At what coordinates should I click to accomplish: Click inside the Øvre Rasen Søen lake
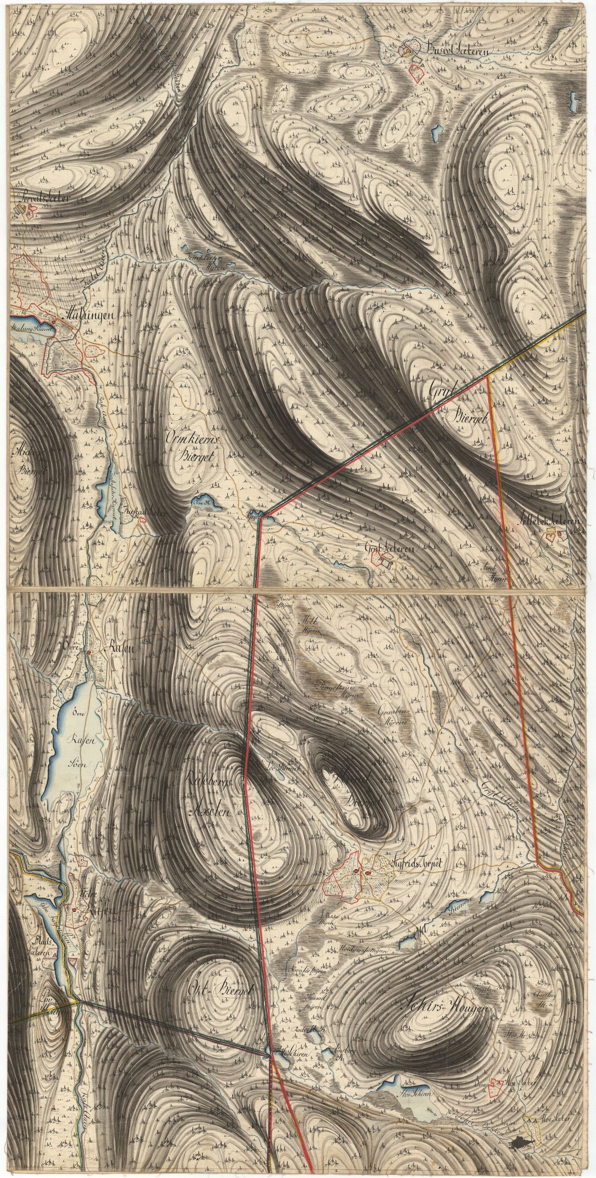tap(78, 727)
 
